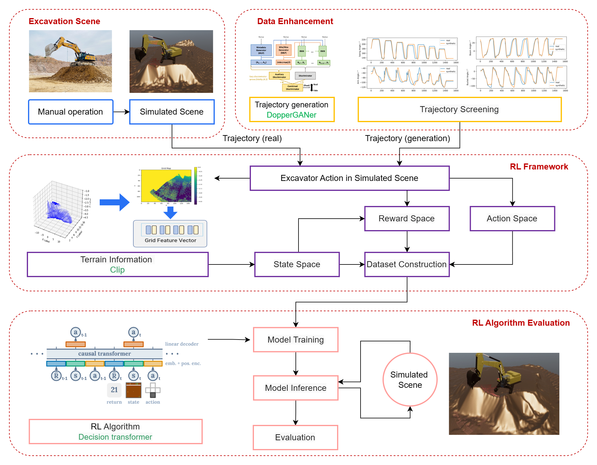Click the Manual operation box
(x=70, y=112)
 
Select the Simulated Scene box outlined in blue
(x=172, y=112)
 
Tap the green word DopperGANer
(x=291, y=115)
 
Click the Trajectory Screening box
(x=459, y=109)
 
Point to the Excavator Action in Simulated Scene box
(x=349, y=178)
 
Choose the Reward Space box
(x=407, y=219)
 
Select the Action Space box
(x=512, y=219)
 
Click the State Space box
(x=297, y=264)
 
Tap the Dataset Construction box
(x=407, y=264)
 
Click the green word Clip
(x=117, y=270)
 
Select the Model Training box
(x=295, y=340)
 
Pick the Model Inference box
(x=295, y=388)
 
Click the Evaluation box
(x=295, y=438)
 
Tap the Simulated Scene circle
(x=410, y=380)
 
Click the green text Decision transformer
(x=115, y=437)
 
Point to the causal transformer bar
(x=105, y=354)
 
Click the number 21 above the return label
(x=114, y=390)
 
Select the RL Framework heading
(x=539, y=167)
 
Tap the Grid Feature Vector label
(x=170, y=240)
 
